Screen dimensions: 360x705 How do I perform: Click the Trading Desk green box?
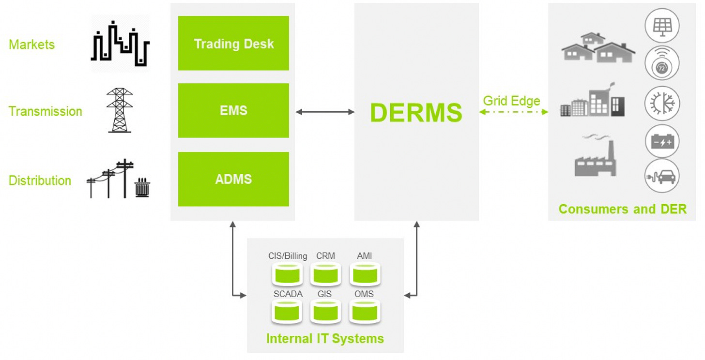point(233,44)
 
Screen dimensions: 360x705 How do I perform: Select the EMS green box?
point(233,110)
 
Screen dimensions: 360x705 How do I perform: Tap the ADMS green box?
point(233,179)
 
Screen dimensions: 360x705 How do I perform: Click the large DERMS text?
point(416,112)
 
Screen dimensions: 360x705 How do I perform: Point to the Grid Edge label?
point(511,101)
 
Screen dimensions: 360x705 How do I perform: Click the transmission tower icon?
point(120,110)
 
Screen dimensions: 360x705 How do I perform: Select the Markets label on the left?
point(31,45)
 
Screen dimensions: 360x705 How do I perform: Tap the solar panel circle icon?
point(662,25)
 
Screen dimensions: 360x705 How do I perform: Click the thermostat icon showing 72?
point(662,64)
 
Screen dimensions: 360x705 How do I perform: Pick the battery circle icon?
point(662,142)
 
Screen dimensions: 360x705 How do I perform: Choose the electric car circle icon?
point(662,176)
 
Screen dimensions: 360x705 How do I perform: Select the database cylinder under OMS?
point(365,312)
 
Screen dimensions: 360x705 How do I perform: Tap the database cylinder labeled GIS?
point(325,312)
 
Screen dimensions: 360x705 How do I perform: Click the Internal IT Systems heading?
point(325,338)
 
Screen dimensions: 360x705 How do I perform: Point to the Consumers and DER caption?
point(622,209)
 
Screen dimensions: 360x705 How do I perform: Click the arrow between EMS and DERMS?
point(325,112)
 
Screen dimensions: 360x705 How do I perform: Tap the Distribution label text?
point(40,180)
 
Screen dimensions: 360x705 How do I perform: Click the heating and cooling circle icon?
point(662,104)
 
